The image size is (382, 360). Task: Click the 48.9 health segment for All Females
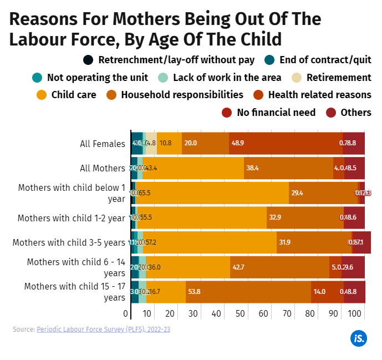click(x=286, y=143)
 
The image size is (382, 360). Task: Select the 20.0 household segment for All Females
click(x=205, y=143)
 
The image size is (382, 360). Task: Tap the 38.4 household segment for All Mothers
click(x=288, y=168)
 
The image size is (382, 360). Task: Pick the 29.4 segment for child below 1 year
click(x=323, y=193)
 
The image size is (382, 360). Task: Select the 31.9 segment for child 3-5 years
click(x=314, y=242)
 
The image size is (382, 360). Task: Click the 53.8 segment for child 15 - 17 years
click(x=248, y=292)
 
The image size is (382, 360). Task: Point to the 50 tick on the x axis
click(x=241, y=315)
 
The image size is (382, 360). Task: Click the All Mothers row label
click(x=103, y=168)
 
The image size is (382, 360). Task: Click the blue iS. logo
click(x=358, y=338)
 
